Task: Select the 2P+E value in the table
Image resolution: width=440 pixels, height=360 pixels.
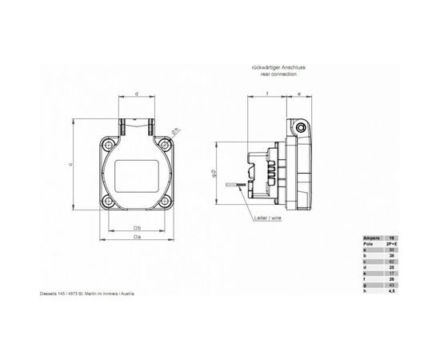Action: point(392,244)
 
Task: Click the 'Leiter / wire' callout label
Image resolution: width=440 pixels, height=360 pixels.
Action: point(266,217)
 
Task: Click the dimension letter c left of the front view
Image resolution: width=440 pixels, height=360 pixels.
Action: point(70,165)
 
